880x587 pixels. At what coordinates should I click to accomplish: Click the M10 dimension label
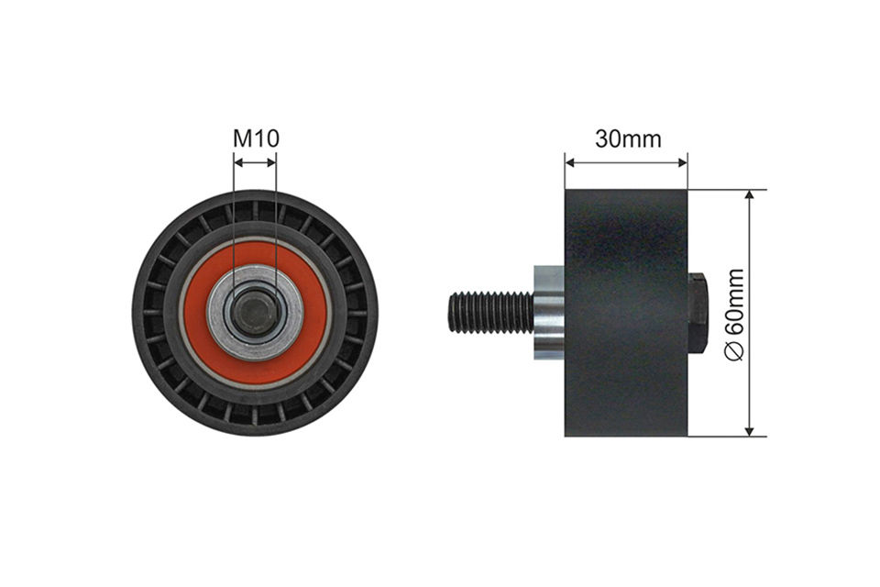coord(256,138)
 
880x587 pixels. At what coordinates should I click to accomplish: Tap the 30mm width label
coord(628,138)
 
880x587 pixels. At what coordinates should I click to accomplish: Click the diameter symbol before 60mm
coord(735,352)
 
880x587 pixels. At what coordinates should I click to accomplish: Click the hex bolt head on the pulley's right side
coord(697,312)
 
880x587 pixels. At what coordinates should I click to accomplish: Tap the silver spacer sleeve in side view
coord(549,312)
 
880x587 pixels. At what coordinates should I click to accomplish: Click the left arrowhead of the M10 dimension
coord(237,162)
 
